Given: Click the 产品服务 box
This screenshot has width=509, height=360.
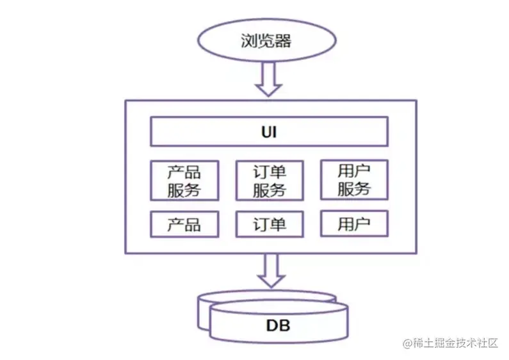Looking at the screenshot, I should click(184, 180).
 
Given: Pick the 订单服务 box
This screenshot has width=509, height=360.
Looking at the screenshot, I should click(269, 180).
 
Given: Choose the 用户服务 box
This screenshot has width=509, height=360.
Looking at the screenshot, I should click(353, 179).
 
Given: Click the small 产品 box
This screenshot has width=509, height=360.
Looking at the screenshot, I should click(184, 224).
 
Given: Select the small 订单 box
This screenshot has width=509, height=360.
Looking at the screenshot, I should click(269, 224).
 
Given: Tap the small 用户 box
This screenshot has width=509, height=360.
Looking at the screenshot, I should click(353, 224).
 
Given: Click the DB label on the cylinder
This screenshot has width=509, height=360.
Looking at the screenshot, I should click(279, 325).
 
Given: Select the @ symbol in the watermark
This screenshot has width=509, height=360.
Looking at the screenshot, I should click(407, 343).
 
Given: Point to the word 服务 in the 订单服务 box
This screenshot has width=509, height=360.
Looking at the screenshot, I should click(269, 190).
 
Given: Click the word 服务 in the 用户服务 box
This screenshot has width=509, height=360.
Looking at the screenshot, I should click(353, 189).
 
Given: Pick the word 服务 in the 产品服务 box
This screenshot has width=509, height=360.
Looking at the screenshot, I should click(184, 190).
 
